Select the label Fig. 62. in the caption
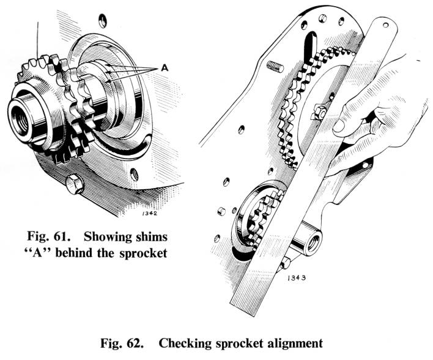coord(119,343)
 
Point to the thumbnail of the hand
coord(339,125)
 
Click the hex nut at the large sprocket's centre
coord(318,113)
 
